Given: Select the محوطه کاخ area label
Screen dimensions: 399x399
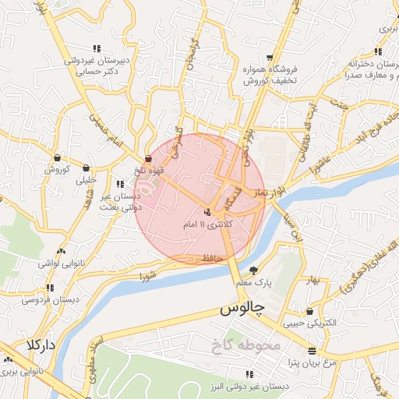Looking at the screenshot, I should (x=249, y=344).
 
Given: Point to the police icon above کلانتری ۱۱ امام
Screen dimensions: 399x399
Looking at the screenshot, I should (x=207, y=211).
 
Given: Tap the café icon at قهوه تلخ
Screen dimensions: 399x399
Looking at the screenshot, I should (x=148, y=158).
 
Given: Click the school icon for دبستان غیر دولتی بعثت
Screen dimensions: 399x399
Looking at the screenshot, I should (x=120, y=185).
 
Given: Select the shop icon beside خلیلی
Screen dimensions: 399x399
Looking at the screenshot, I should (x=86, y=167).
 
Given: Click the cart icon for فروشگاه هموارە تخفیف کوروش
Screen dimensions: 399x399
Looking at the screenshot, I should (x=270, y=58).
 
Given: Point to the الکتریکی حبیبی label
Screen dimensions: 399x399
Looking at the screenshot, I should (x=310, y=322).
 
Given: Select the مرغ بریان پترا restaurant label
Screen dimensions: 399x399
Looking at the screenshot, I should (x=290, y=362).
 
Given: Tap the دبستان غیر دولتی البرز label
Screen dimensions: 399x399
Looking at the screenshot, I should (x=255, y=386).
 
